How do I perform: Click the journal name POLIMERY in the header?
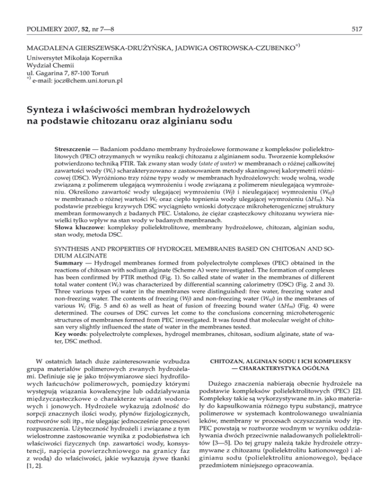point(34,12)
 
